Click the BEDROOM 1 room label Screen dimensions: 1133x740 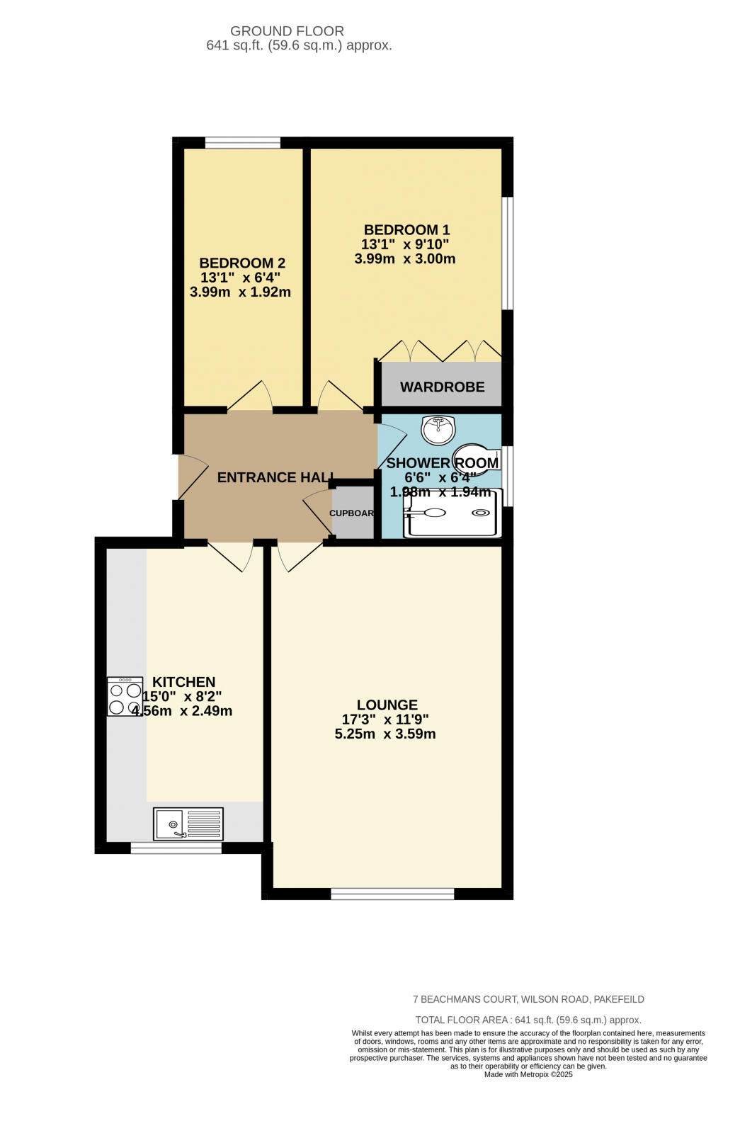coord(406,230)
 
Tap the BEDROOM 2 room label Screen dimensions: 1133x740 coord(242,263)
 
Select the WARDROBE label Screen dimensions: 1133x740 coord(442,387)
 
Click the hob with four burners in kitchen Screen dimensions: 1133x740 coord(125,697)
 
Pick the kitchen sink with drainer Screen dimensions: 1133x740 coord(188,824)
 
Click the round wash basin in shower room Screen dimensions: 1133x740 coord(438,428)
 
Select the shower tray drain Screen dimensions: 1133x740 coord(481,513)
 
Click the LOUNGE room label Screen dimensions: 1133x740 coord(387,705)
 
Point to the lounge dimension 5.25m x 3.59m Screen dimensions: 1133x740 coord(385,734)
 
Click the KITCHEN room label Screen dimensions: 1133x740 coord(184,682)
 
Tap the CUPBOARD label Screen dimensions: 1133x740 coord(352,513)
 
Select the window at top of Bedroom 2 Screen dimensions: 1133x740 coord(242,143)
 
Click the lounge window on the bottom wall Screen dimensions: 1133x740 coord(392,894)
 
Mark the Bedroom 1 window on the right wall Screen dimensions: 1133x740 coord(507,253)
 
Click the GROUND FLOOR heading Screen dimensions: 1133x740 coord(287,31)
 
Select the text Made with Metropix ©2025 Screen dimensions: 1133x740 coord(528,1074)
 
